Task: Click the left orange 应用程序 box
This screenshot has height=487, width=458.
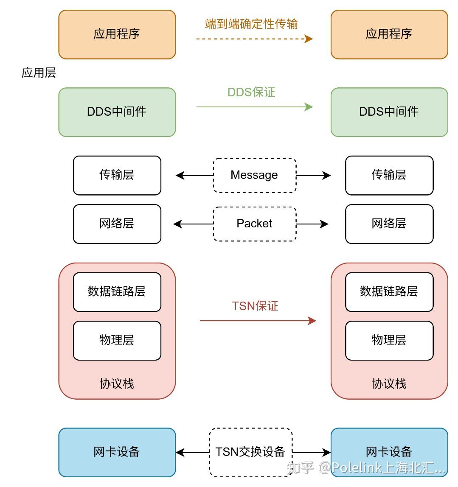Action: click(x=117, y=34)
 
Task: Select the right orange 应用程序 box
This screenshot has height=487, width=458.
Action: click(x=389, y=34)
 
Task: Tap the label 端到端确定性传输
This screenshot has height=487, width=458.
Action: click(x=251, y=24)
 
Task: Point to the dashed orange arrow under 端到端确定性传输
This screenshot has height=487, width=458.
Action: click(x=254, y=39)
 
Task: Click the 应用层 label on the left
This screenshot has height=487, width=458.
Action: click(x=39, y=73)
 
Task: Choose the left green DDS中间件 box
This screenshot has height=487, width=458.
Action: click(x=117, y=112)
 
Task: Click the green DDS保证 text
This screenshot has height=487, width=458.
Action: click(x=251, y=92)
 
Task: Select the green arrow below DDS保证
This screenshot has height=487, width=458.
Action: click(x=254, y=107)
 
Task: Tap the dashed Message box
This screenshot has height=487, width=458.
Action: click(x=254, y=175)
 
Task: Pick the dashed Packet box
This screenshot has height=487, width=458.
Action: click(x=254, y=224)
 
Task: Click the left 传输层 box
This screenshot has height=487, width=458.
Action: click(x=117, y=175)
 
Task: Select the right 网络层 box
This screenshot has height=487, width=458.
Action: click(x=389, y=224)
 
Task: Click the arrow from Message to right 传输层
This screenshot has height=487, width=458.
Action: click(x=313, y=175)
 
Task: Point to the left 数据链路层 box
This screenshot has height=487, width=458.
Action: click(x=117, y=292)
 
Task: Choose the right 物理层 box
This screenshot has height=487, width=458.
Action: click(x=389, y=340)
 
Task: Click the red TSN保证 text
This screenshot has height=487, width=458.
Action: click(x=255, y=306)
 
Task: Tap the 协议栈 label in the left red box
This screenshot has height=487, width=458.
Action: click(x=117, y=383)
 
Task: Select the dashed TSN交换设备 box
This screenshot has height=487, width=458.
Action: click(x=250, y=452)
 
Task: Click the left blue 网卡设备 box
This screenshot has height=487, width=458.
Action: click(x=117, y=452)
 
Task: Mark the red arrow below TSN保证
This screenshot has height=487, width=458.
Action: click(x=257, y=321)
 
